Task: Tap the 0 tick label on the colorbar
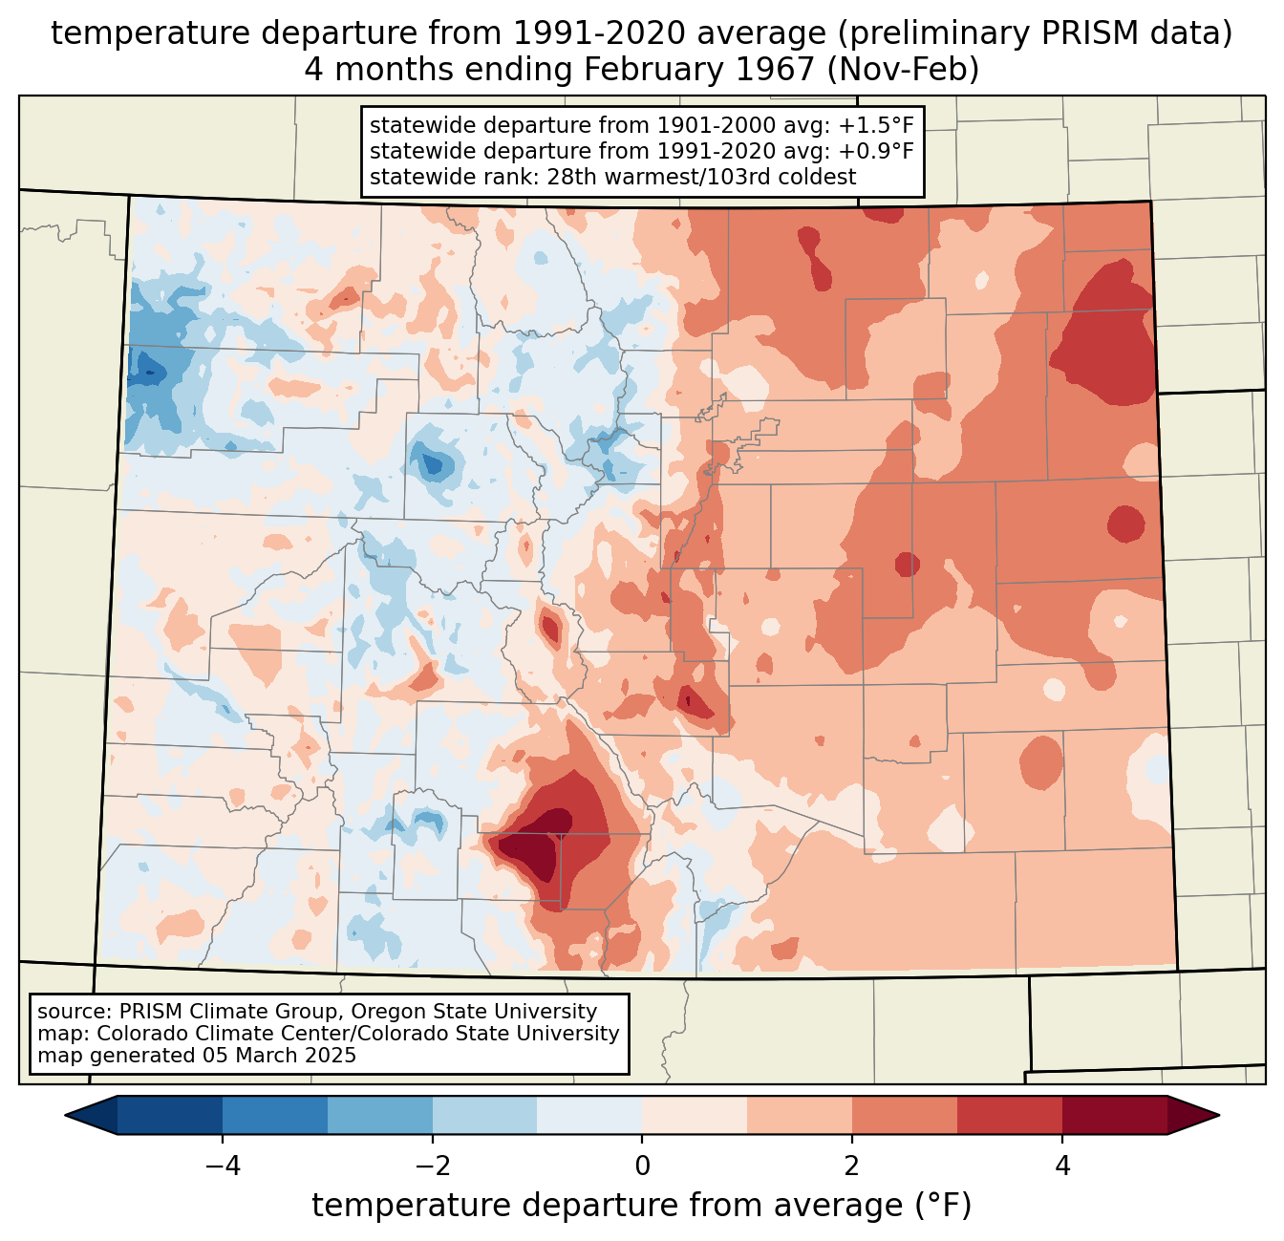[642, 1166]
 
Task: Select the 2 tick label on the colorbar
[851, 1166]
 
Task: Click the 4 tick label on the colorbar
[1061, 1166]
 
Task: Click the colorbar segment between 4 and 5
[1114, 1115]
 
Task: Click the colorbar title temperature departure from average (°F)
[642, 1206]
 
